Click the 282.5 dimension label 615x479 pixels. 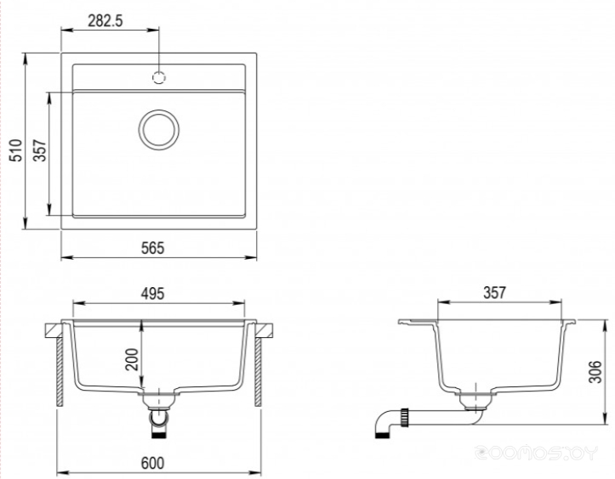pos(105,20)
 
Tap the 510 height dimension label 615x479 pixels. pos(16,150)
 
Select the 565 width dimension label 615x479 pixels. pos(153,248)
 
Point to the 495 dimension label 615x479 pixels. pos(153,294)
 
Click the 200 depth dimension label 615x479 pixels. pos(132,359)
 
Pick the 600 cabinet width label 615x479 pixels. pos(153,464)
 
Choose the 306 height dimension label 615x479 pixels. pos(595,372)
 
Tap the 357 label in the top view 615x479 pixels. pos(40,150)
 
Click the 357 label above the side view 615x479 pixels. pos(494,292)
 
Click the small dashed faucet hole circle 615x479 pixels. pos(159,77)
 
